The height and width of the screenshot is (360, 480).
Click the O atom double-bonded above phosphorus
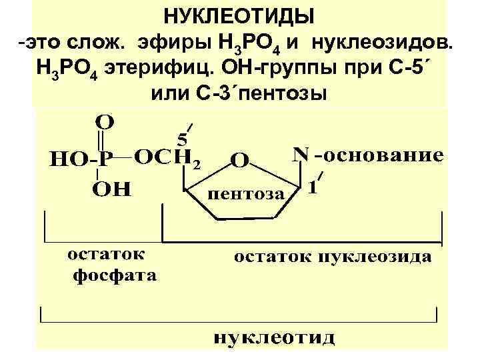point(105,122)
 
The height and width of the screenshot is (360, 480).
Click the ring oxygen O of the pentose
point(240,161)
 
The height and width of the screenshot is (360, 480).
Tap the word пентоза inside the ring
point(246,194)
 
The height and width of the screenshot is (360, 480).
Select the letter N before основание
point(301,154)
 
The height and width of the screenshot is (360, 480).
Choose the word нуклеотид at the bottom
point(274,337)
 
